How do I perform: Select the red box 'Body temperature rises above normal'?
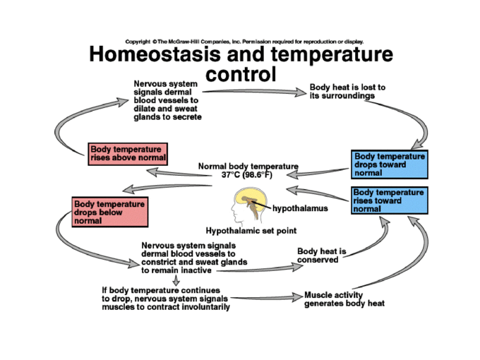128,153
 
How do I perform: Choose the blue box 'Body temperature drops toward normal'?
390,164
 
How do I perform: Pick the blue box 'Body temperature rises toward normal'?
389,200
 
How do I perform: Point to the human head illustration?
243,205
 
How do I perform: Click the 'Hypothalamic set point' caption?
251,230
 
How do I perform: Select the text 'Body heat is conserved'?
321,255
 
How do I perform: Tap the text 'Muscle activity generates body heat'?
344,299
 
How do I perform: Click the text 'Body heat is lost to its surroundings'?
347,91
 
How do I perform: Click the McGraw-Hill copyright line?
244,41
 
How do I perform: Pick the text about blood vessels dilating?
167,101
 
